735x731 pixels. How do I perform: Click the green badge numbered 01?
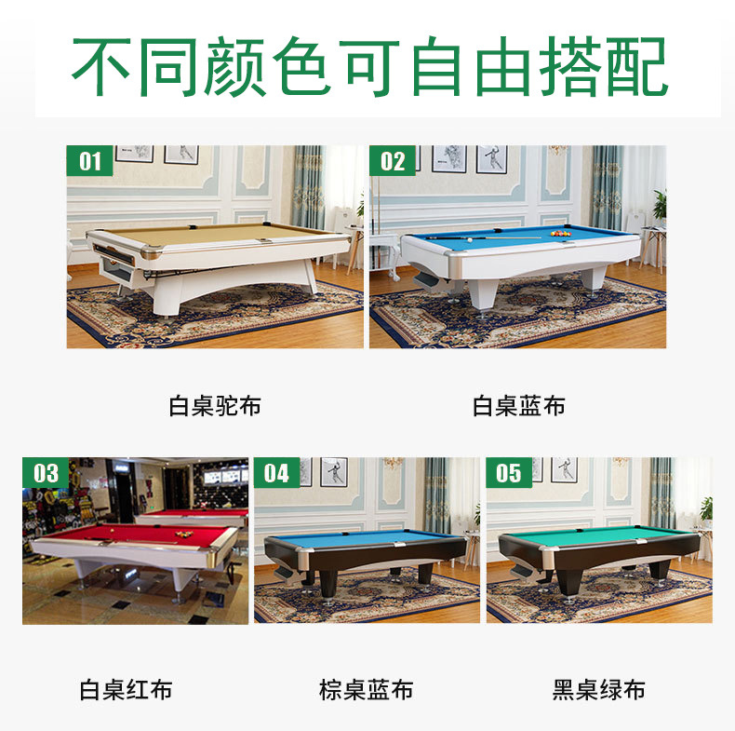coord(89,161)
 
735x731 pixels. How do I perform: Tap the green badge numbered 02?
coord(393,161)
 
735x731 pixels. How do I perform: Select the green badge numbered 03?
coord(46,472)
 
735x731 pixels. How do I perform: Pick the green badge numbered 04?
coord(276,472)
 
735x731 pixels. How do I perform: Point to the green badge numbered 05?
coord(508,472)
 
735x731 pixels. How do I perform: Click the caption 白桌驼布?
coord(215,406)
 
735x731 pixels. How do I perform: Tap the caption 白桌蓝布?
coord(518,406)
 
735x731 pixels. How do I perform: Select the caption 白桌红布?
coord(125,690)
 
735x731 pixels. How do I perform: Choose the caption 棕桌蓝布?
coord(366,690)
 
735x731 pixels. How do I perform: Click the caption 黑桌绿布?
coord(598,690)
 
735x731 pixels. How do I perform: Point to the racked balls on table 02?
coord(560,235)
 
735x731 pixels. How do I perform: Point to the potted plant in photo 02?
coord(660,205)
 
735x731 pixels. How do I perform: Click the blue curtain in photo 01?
coord(308,186)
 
